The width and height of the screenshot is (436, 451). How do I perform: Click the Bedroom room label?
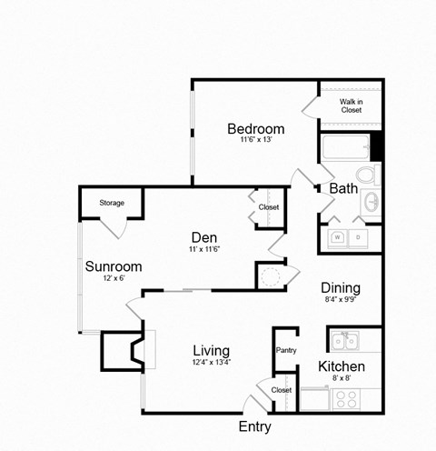(x=255, y=128)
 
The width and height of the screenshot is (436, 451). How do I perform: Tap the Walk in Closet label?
(x=351, y=105)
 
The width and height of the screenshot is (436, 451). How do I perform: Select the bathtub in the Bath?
(x=344, y=146)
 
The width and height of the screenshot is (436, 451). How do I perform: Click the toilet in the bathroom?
(x=366, y=174)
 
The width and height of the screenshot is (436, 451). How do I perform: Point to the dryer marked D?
(x=359, y=237)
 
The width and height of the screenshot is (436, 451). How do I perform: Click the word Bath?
(x=343, y=189)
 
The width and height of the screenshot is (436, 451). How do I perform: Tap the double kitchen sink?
(x=344, y=342)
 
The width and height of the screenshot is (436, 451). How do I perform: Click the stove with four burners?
(x=345, y=398)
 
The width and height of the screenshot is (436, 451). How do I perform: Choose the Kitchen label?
(x=341, y=366)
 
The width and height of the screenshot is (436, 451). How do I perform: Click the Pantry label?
(x=285, y=349)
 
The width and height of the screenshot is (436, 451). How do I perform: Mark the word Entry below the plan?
(x=254, y=426)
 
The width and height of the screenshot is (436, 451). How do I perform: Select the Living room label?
(x=211, y=350)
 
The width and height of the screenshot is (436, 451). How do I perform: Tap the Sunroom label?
(x=113, y=266)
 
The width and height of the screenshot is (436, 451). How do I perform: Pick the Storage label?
(x=112, y=203)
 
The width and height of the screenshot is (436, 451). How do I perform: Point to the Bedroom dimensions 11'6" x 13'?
(x=255, y=141)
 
